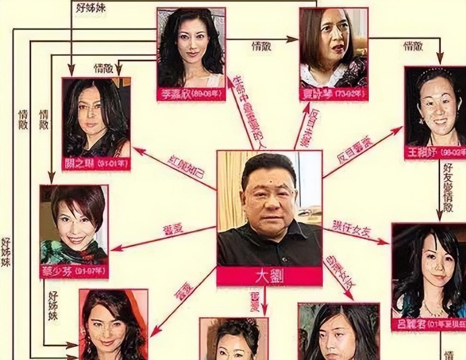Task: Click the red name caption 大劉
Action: [269, 277]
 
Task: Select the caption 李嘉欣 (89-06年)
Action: [191, 95]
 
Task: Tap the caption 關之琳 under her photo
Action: [96, 164]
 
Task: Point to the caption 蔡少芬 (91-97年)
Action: [74, 272]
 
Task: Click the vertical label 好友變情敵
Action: [448, 187]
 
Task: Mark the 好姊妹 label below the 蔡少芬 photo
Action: [53, 306]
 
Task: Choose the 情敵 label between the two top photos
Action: [261, 46]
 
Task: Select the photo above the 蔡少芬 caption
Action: [74, 225]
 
